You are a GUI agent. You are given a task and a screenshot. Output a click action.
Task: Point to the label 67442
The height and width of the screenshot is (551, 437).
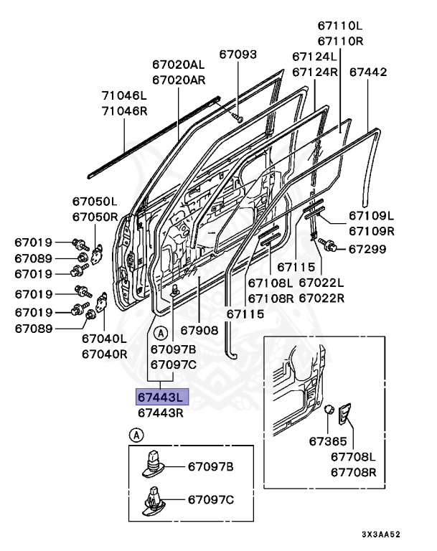[x=369, y=72]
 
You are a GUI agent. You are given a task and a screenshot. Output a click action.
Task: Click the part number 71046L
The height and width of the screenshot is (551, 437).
[x=123, y=95]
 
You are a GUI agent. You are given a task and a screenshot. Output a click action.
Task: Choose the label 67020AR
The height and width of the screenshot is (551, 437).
[x=179, y=80]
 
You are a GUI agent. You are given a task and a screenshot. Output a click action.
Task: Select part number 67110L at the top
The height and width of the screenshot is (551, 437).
[x=340, y=27]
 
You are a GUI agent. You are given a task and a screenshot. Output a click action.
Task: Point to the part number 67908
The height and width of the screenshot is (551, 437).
[x=199, y=331]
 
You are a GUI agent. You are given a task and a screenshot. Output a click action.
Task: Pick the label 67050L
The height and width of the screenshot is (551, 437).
[x=94, y=202]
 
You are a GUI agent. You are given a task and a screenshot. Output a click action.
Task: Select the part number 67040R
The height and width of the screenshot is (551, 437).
[x=104, y=354]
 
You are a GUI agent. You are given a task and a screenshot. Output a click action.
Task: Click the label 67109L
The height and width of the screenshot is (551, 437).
[x=372, y=215]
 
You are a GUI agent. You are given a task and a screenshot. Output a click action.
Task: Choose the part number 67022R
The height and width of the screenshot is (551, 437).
[x=321, y=298]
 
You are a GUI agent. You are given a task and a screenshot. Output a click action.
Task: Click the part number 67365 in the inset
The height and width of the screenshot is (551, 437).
[x=328, y=441]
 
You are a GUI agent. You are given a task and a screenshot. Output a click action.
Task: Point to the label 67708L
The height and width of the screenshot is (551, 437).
[x=353, y=457]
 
